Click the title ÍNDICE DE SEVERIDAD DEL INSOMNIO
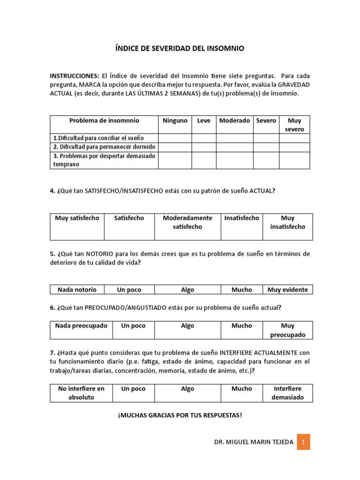point(180,48)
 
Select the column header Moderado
point(234,120)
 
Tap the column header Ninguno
point(175,120)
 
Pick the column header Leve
point(204,120)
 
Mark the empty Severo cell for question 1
point(266,138)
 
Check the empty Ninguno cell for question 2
point(175,147)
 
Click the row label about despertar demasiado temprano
point(104,160)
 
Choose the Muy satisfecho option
point(77,218)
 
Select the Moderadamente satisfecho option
point(187,222)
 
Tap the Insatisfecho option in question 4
point(241,218)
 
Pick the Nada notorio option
point(77,290)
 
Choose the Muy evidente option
point(287,290)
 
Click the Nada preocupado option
point(81,326)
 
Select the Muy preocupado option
point(287,330)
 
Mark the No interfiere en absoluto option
point(81,393)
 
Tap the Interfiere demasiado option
point(287,393)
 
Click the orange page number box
point(303,442)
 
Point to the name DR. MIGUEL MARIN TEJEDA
point(253,442)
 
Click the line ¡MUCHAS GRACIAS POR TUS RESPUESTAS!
point(180,415)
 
